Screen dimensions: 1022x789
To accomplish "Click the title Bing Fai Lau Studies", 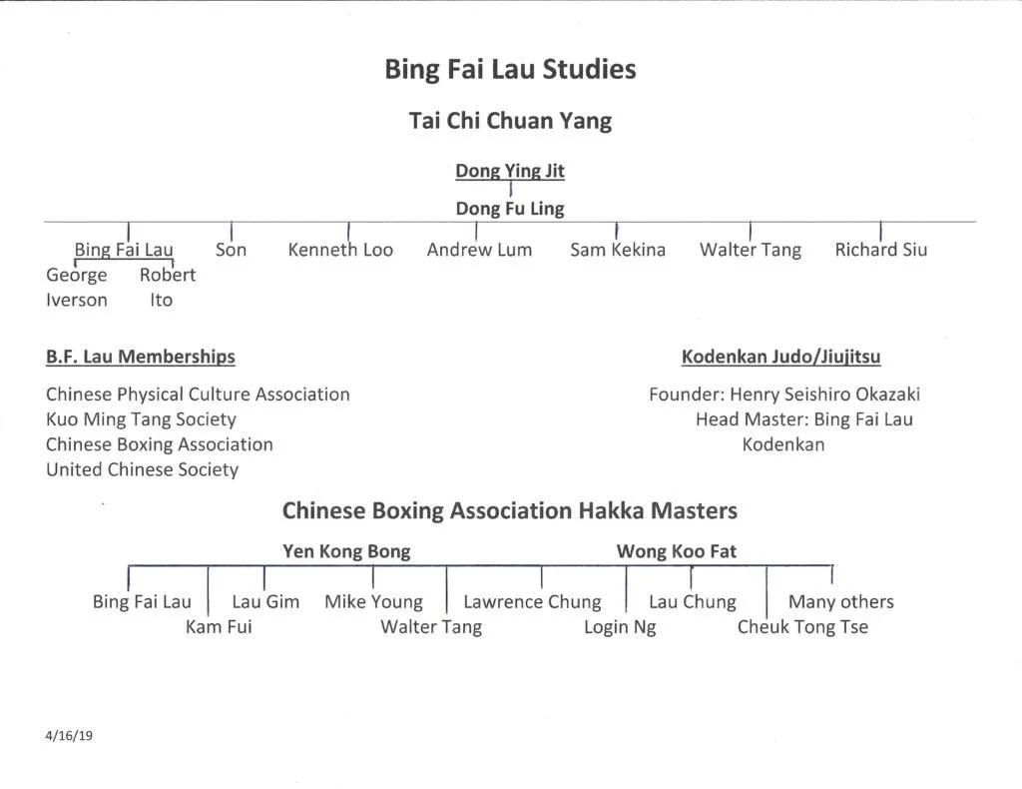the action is (x=510, y=70).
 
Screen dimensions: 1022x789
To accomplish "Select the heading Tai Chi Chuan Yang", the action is (x=510, y=121).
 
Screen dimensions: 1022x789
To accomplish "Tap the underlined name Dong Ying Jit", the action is (x=510, y=171).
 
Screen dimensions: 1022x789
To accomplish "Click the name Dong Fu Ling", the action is (x=510, y=209).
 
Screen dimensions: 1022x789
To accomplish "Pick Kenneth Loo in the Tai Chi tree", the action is (x=340, y=250).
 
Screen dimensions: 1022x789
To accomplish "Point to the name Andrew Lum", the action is (x=479, y=250).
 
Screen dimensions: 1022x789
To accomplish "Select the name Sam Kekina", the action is (x=617, y=250).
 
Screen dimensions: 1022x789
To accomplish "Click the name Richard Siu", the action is (x=880, y=250).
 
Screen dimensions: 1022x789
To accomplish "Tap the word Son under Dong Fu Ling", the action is (x=231, y=250).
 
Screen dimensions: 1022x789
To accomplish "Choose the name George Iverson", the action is (x=76, y=288).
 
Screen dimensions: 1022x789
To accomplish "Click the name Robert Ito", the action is (x=167, y=288).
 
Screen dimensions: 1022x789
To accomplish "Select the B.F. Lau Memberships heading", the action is (x=140, y=357).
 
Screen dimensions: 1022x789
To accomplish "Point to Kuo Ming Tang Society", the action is (x=141, y=419).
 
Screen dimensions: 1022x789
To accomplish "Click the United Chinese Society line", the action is (x=142, y=469).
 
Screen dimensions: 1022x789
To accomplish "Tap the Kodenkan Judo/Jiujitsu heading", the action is (x=780, y=357).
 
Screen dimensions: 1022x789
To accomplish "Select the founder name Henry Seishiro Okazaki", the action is (x=824, y=394).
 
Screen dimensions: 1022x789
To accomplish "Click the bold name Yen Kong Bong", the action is (x=346, y=551).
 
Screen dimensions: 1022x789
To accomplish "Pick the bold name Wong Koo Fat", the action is (x=676, y=551).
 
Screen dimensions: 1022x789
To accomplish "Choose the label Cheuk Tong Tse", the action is (x=802, y=627).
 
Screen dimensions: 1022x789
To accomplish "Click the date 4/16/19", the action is (x=69, y=736).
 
